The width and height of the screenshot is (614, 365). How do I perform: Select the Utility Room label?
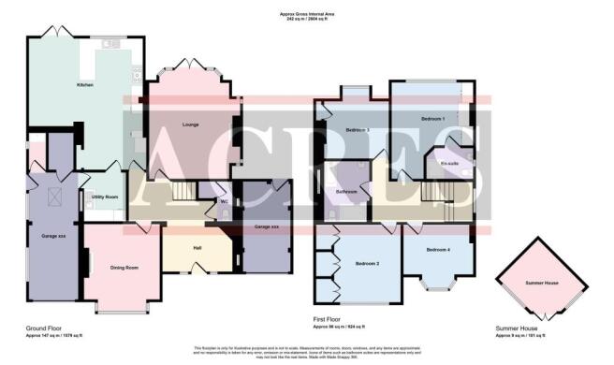(x=104, y=197)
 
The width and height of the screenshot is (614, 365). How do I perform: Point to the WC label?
(x=224, y=201)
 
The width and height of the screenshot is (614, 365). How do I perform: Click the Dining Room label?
(x=124, y=268)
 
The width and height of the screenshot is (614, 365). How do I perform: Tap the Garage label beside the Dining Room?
(x=53, y=236)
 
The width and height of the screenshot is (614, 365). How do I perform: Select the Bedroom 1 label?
(x=431, y=119)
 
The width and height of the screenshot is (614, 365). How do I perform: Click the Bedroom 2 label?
(x=367, y=264)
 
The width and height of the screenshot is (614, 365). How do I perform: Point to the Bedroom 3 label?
(x=358, y=129)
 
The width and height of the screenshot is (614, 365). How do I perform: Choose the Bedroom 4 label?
(x=438, y=250)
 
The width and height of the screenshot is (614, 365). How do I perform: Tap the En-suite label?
(x=448, y=162)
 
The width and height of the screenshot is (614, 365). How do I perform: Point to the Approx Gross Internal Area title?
(x=307, y=13)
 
